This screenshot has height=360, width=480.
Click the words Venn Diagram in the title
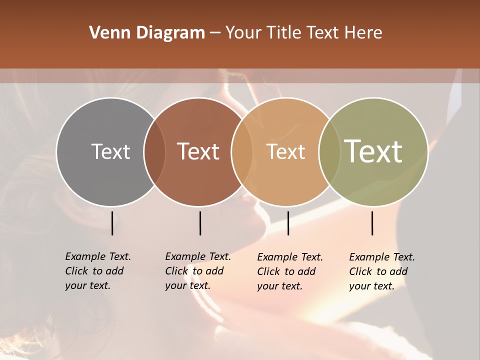pyautogui.click(x=147, y=33)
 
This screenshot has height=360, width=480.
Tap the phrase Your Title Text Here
pyautogui.click(x=303, y=33)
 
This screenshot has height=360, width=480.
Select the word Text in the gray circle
pyautogui.click(x=110, y=151)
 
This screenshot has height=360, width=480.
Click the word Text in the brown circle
pyautogui.click(x=198, y=151)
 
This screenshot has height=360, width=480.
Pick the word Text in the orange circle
pyautogui.click(x=285, y=151)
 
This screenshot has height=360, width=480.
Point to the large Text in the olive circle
pyautogui.click(x=373, y=151)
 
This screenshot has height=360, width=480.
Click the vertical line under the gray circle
pyautogui.click(x=112, y=223)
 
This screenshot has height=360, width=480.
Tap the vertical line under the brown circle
pyautogui.click(x=200, y=223)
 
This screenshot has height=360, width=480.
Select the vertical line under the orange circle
pyautogui.click(x=288, y=223)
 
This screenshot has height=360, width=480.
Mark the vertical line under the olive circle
pyautogui.click(x=372, y=223)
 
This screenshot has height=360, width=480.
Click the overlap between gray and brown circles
pyautogui.click(x=154, y=151)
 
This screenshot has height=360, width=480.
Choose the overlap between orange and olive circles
pyautogui.click(x=329, y=151)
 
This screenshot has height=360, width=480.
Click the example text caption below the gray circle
pyautogui.click(x=98, y=271)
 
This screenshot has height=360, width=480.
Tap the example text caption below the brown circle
pyautogui.click(x=198, y=271)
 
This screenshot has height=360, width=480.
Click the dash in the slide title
pyautogui.click(x=215, y=33)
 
